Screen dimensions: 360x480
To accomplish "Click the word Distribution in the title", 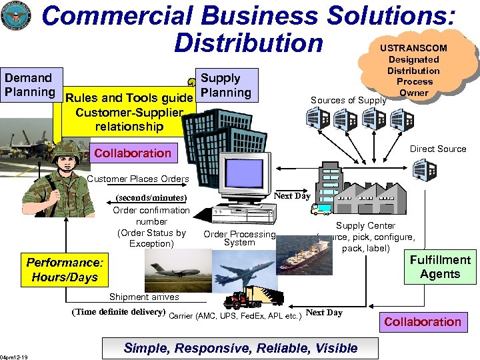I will [x=248, y=43].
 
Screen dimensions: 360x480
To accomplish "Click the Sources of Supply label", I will [x=348, y=101].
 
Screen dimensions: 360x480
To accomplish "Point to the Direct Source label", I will [x=438, y=149].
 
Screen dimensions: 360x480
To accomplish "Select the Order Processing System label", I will [x=239, y=238].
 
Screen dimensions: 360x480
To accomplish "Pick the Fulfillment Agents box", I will [x=440, y=267].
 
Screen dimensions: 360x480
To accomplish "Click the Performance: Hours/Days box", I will [x=62, y=270].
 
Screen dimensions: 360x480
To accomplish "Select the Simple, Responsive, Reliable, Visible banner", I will [x=239, y=348].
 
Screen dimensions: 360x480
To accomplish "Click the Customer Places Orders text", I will [x=138, y=179].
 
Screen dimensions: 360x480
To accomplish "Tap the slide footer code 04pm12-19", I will [x=14, y=355].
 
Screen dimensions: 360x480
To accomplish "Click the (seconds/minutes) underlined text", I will [x=151, y=198].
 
